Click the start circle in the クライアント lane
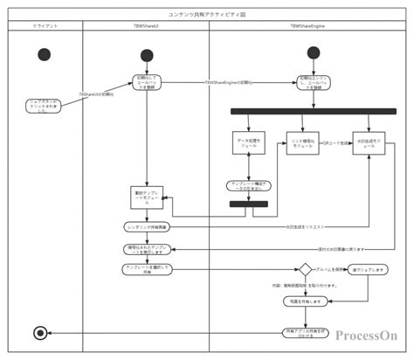pos(45,54)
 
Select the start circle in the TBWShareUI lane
pos(147,56)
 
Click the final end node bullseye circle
pos(39,333)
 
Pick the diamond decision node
pos(307,271)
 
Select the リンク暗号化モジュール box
pos(303,143)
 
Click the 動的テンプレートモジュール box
pos(145,198)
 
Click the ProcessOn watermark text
pos(364,335)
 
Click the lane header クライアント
pos(45,26)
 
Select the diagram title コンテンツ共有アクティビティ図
pos(206,14)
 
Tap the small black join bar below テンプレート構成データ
pos(248,204)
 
